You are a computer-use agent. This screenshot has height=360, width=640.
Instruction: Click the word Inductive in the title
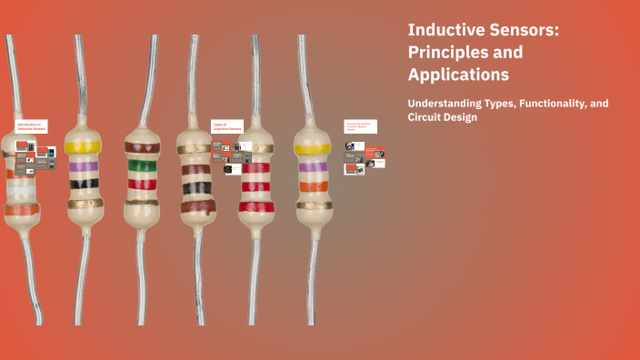445,31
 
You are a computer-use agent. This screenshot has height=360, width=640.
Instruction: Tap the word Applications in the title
458,75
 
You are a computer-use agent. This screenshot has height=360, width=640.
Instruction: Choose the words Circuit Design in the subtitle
442,117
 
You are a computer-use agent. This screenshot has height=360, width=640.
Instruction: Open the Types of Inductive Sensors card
227,128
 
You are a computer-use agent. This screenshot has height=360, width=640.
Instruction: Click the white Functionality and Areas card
360,126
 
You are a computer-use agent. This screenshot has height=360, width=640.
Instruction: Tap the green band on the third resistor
142,165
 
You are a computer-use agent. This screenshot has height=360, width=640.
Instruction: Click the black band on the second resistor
84,184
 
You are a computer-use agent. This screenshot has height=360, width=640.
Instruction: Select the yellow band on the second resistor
84,146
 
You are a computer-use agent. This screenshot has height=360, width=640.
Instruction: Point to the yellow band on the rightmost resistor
312,148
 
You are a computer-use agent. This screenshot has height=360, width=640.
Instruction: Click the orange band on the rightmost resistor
312,186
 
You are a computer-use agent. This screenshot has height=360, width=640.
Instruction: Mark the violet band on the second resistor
84,166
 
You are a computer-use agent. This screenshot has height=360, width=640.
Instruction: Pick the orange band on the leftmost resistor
22,210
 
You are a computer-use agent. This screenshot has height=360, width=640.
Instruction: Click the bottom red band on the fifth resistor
256,205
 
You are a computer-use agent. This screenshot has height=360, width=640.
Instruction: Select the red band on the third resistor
142,184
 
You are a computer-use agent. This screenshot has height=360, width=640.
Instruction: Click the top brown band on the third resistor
142,145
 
